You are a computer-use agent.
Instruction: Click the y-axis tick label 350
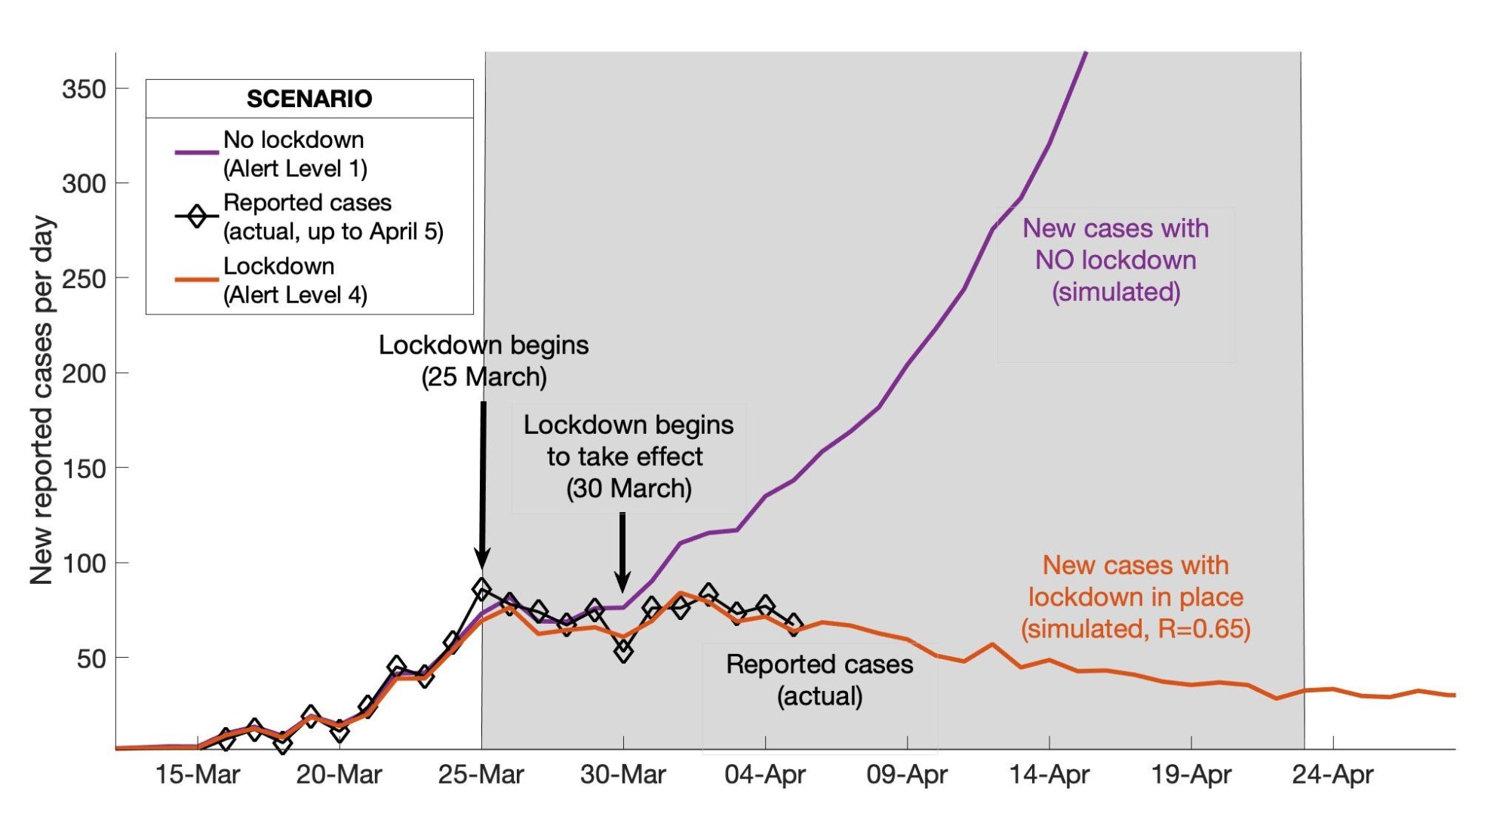(84, 89)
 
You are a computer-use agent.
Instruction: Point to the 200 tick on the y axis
(84, 373)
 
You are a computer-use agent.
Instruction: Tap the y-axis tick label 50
(91, 658)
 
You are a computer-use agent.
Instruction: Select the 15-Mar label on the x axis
(197, 775)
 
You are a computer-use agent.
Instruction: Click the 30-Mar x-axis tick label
(622, 775)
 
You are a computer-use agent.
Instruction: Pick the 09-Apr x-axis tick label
(906, 775)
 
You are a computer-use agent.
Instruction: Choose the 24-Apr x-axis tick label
(1332, 775)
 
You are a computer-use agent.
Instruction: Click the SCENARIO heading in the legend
(309, 99)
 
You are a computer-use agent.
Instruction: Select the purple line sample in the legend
(196, 152)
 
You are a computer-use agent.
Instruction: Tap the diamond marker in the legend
(197, 216)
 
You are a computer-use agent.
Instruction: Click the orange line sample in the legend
(196, 280)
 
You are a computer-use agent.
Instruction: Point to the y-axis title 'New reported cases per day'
(42, 400)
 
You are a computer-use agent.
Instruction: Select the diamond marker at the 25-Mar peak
(482, 588)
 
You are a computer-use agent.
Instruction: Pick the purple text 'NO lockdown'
(1115, 260)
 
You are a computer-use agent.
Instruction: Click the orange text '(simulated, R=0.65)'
(1136, 628)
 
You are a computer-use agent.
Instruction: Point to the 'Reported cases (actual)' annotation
(819, 680)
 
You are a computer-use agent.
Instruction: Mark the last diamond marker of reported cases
(793, 624)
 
